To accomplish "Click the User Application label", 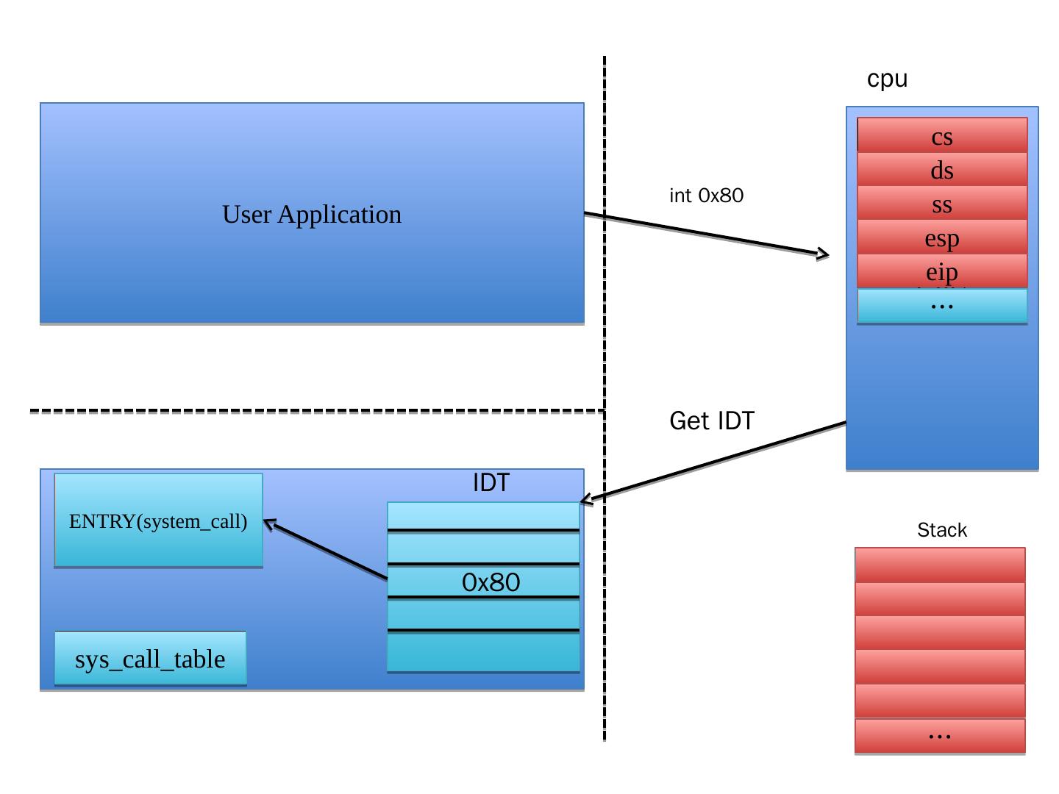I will pyautogui.click(x=312, y=215).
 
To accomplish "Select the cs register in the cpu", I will pyautogui.click(x=942, y=137).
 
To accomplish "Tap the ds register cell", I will pyautogui.click(x=942, y=171).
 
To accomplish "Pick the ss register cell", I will pyautogui.click(x=942, y=204).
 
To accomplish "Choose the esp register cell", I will pyautogui.click(x=942, y=238).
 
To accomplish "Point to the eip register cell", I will pyautogui.click(x=942, y=271).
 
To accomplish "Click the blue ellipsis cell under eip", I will pyautogui.click(x=942, y=306).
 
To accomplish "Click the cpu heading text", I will pyautogui.click(x=887, y=79).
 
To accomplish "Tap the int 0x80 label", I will pyautogui.click(x=706, y=196).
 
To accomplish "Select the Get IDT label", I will pyautogui.click(x=711, y=421).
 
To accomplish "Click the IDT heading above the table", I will pyautogui.click(x=491, y=483).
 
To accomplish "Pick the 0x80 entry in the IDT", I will pyautogui.click(x=491, y=582).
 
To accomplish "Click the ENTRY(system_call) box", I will pyautogui.click(x=158, y=521).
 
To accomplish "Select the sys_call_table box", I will pyautogui.click(x=150, y=659).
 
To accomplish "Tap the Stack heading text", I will pyautogui.click(x=941, y=530).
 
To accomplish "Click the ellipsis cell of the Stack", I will pyautogui.click(x=940, y=735).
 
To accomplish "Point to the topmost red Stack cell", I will pyautogui.click(x=940, y=565).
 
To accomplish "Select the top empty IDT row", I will pyautogui.click(x=483, y=515).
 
